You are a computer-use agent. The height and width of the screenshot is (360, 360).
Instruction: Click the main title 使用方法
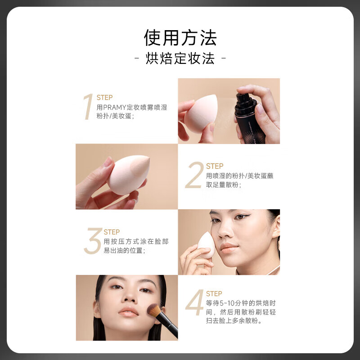point(180,38)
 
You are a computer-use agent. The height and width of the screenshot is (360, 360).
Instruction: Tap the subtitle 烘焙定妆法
point(180,59)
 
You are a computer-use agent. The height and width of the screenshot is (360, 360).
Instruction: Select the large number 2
point(194,176)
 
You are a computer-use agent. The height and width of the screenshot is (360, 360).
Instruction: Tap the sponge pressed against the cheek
point(207,244)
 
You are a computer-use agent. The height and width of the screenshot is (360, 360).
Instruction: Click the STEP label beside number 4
point(214,294)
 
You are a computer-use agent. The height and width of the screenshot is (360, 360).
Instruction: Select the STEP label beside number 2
point(215,166)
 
